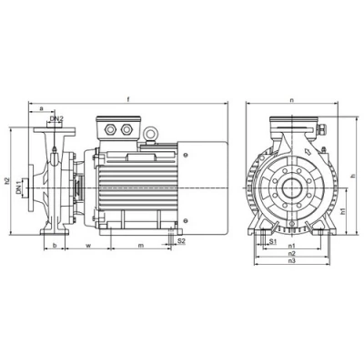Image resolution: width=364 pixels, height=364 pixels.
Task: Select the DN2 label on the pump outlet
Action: (56, 118)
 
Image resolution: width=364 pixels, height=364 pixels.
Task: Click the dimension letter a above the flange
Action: (43, 108)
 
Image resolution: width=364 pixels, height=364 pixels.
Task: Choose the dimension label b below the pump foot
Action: (54, 245)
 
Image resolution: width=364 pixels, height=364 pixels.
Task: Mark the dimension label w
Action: (88, 245)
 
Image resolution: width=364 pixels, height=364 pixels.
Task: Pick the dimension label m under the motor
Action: (140, 245)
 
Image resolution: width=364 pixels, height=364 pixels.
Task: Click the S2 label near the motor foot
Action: (182, 241)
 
